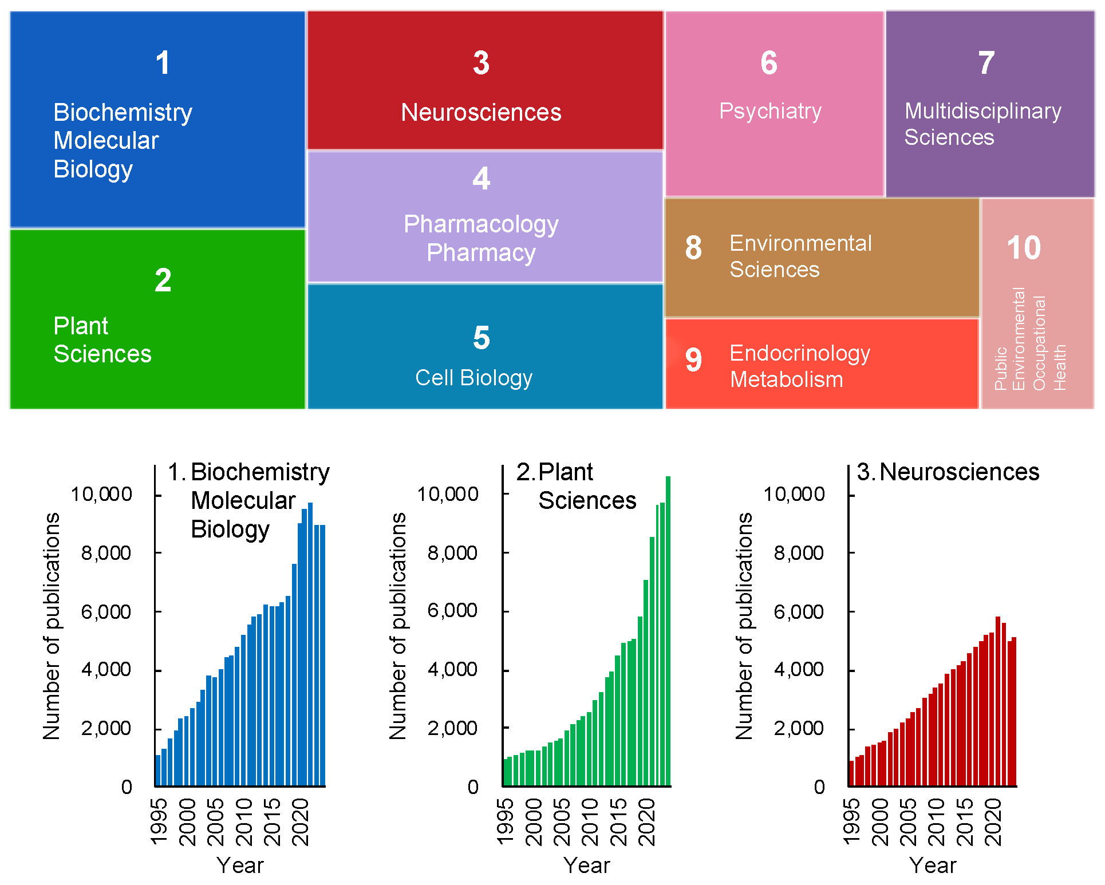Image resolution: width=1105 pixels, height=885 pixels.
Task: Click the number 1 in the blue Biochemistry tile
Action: coord(163,63)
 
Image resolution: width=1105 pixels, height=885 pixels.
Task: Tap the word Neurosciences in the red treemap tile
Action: coord(481,112)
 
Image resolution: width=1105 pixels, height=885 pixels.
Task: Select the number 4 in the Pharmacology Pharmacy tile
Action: coord(481,179)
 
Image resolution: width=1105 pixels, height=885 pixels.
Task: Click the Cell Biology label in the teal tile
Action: coord(473,378)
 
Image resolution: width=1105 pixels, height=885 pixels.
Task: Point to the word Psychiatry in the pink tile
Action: coord(770,111)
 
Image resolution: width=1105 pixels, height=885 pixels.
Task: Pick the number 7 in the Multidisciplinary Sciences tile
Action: coord(986,63)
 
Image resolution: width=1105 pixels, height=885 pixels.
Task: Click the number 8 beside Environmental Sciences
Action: coord(693,248)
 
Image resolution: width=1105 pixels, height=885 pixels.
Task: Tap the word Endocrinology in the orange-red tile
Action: coord(799,353)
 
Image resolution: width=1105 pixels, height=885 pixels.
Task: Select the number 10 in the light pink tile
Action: coord(1024,248)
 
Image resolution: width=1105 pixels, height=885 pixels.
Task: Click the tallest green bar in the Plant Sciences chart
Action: coord(668,630)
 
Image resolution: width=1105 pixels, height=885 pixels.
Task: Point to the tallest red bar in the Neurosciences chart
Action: coord(998,701)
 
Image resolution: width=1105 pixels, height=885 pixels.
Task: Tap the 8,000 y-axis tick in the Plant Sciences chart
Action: coord(452,553)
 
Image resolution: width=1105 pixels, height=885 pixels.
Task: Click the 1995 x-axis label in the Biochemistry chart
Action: coord(159,823)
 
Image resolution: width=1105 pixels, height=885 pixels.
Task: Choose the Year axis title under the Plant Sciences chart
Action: coord(586,866)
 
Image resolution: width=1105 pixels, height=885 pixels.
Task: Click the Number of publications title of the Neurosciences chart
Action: coord(744,626)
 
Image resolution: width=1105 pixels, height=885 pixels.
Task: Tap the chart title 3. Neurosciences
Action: coord(948,472)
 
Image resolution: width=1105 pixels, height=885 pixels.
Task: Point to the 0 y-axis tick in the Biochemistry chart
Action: coord(127,787)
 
